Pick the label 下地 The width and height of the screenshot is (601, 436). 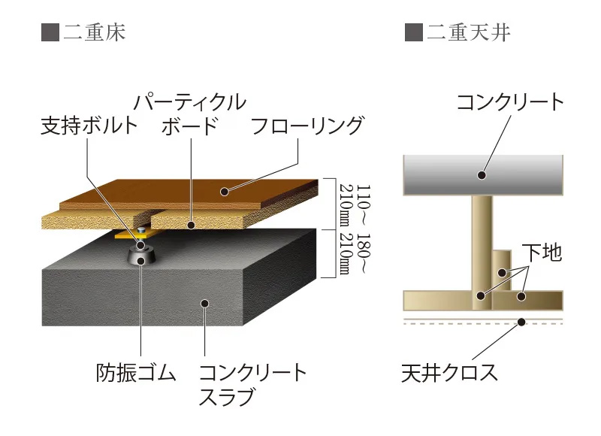coord(542,253)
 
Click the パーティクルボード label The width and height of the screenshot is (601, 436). coord(192,113)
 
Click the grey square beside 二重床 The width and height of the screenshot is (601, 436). coord(50,32)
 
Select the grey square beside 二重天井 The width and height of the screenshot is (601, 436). coord(412,32)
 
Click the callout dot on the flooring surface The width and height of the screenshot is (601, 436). coord(224,192)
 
